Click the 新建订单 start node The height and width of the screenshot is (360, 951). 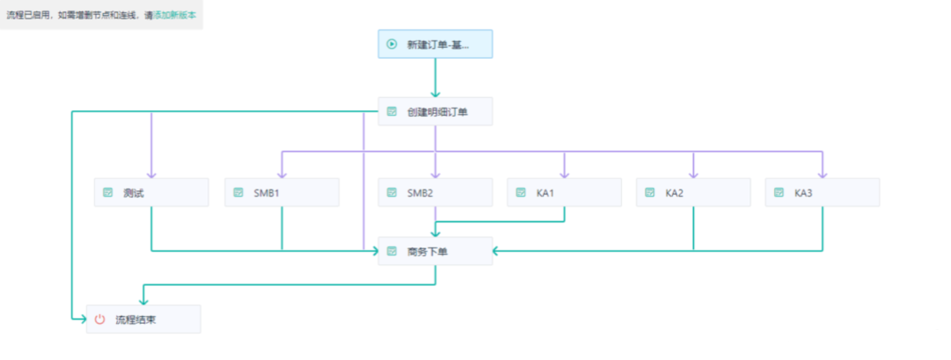point(435,44)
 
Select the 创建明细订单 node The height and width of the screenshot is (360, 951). point(435,112)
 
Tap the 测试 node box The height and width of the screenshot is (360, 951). point(151,192)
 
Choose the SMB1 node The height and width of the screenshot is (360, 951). point(282,192)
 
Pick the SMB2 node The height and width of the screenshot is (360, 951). point(435,192)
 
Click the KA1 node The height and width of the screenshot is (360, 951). point(564,192)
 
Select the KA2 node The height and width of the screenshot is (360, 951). point(693,192)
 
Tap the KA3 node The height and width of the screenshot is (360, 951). point(822,192)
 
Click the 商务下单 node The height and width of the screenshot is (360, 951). point(435,251)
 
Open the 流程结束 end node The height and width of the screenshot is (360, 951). point(144,320)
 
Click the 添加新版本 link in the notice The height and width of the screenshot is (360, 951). point(175,14)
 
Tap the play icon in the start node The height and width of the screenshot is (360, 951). point(392,44)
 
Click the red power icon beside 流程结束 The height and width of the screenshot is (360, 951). point(100,320)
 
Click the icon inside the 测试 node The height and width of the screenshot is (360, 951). point(108,192)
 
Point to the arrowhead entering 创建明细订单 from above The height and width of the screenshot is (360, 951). point(435,92)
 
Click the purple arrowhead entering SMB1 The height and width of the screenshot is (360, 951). point(282,173)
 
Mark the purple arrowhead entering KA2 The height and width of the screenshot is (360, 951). point(693,173)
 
